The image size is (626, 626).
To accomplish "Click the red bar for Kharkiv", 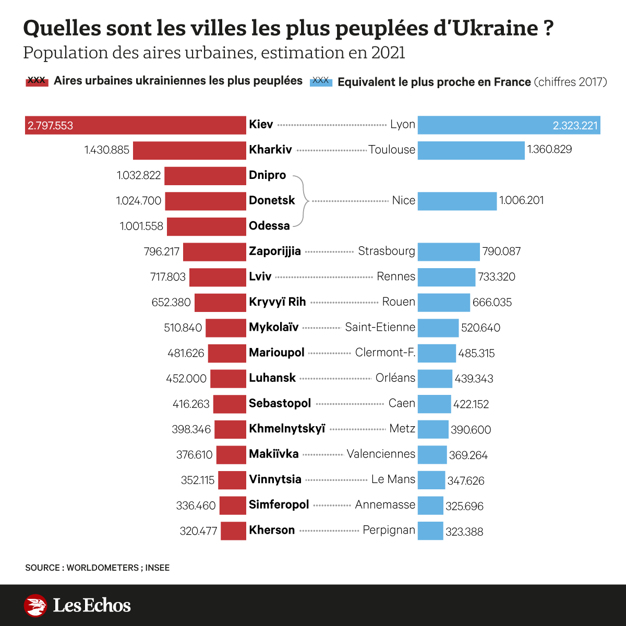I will tap(189, 150).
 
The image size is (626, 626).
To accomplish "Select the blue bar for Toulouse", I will tap(471, 150).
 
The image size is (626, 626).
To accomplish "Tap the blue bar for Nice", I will tap(457, 201).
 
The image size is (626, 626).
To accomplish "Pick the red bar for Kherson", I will tap(233, 531).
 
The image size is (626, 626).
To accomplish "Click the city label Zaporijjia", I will tap(275, 251).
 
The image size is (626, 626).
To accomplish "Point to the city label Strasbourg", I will tap(386, 251).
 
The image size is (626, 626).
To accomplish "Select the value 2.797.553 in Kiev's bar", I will tap(51, 126).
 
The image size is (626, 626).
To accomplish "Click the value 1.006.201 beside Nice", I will tap(521, 201).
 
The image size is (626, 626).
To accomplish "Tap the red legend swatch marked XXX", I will tap(37, 81).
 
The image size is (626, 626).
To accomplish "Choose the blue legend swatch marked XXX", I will tap(321, 81).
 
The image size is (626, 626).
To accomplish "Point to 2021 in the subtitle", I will tap(388, 53).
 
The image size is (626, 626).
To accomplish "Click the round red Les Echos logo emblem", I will tap(35, 606).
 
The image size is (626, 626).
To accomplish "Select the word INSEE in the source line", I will tap(158, 568).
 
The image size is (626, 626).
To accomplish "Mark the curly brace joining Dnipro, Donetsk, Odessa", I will tap(303, 201).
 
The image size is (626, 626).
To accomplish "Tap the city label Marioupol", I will tap(276, 353).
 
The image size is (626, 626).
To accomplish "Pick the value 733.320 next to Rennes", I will tap(497, 277).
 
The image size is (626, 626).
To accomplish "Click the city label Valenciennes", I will tap(381, 454).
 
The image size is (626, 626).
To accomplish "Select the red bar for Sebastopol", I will tap(230, 404).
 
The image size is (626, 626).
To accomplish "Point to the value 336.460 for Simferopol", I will tap(196, 505).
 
